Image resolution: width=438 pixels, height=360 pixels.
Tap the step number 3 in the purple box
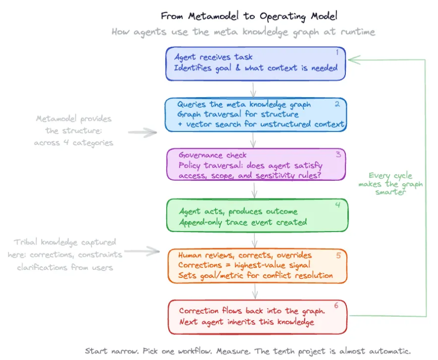[x=338, y=154]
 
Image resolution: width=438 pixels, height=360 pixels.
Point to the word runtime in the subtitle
[x=356, y=32]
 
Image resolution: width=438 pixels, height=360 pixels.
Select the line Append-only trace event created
[x=243, y=222]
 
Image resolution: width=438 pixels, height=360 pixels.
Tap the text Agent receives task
[x=213, y=57]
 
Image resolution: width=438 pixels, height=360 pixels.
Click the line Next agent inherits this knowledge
[x=247, y=322]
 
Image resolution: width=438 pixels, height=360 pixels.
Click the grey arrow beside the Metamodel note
[x=142, y=133]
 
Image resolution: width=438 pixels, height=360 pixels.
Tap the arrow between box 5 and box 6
[x=255, y=291]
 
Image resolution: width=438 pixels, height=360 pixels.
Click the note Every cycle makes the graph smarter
[x=391, y=184]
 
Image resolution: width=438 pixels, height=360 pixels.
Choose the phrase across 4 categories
[x=74, y=142]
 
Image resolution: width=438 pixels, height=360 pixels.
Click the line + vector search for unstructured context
[x=261, y=124]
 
